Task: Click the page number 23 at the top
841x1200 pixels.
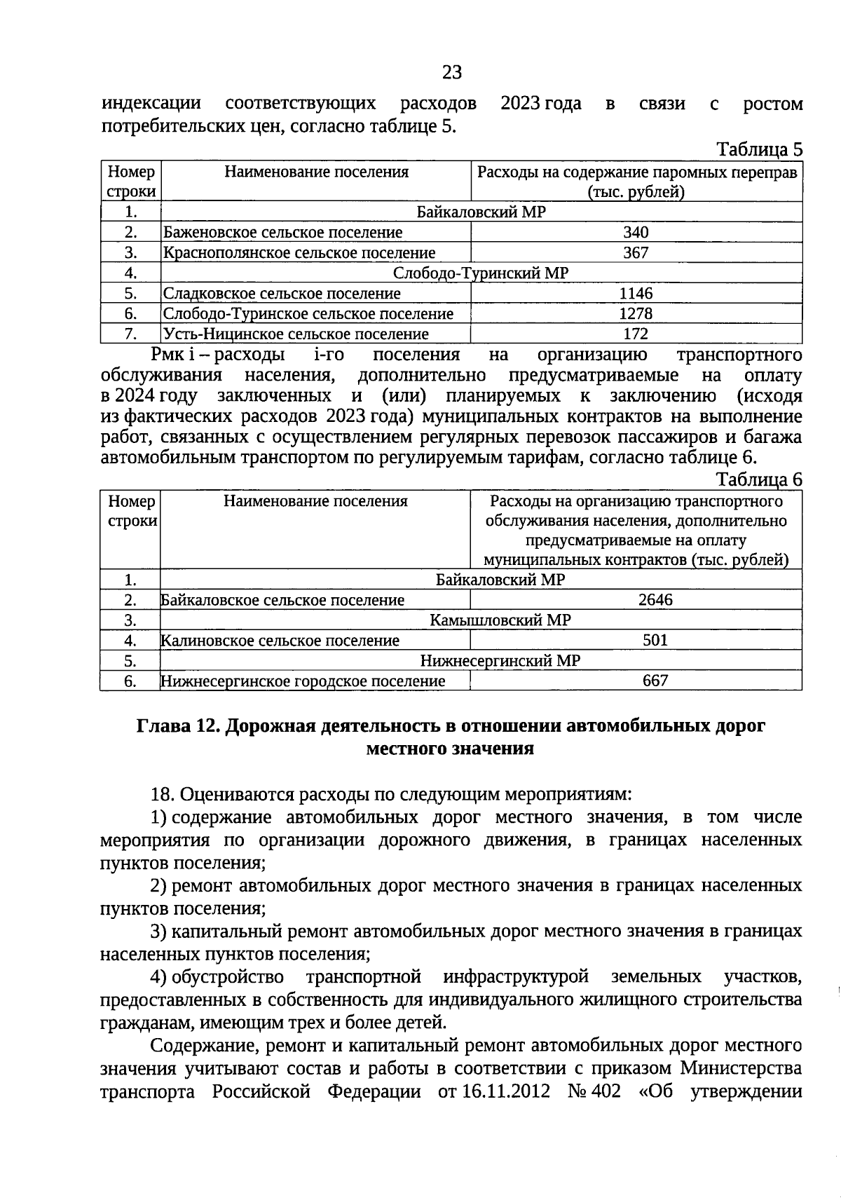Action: pyautogui.click(x=452, y=72)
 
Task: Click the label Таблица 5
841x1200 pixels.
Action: pyautogui.click(x=758, y=150)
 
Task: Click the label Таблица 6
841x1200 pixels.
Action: pyautogui.click(x=758, y=479)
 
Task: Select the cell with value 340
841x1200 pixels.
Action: pyautogui.click(x=636, y=233)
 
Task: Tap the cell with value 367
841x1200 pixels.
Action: pyautogui.click(x=636, y=253)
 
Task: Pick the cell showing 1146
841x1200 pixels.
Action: pyautogui.click(x=636, y=294)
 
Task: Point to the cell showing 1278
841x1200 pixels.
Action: pyautogui.click(x=636, y=314)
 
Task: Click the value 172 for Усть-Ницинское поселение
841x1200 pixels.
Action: pyautogui.click(x=636, y=334)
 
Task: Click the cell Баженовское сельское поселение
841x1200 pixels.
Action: pyautogui.click(x=282, y=233)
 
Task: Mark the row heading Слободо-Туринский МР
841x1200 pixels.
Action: pyautogui.click(x=481, y=273)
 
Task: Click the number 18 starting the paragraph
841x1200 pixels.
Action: pyautogui.click(x=162, y=795)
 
